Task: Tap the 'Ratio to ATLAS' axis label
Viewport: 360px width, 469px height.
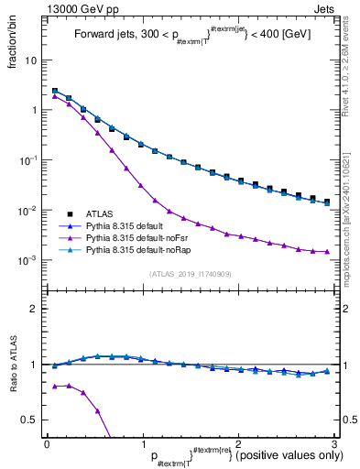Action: coord(13,365)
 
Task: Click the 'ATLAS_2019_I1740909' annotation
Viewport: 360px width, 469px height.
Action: coord(190,274)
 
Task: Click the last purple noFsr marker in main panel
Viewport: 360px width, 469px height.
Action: coord(326,251)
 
